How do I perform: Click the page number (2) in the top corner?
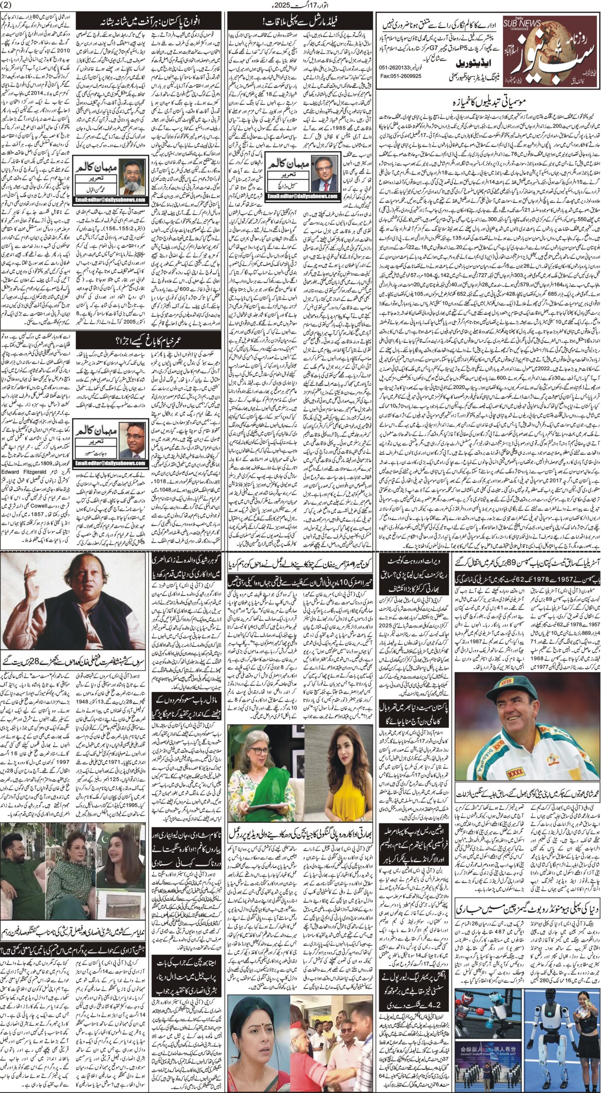9,6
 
